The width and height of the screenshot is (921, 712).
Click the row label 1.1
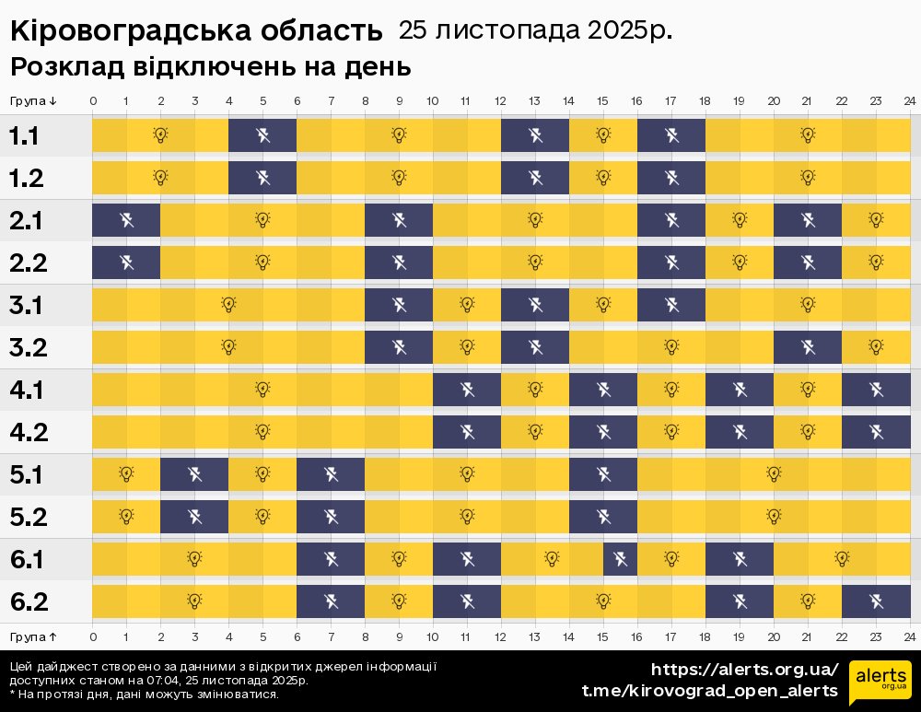24,136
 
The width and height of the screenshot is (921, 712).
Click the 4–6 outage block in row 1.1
262,136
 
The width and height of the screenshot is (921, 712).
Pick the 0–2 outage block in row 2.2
126,263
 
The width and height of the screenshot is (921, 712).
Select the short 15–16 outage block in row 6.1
620,558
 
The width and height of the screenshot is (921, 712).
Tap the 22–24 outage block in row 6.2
876,601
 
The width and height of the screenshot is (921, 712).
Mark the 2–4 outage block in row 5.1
194,474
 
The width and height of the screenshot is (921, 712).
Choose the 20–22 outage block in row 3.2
808,347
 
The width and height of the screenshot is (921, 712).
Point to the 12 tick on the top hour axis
500,100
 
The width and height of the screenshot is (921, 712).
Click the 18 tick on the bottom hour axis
705,636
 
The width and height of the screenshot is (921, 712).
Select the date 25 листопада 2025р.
534,30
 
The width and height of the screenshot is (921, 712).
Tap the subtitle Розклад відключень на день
210,67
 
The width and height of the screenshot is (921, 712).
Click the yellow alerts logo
880,683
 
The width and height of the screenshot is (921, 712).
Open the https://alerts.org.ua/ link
744,670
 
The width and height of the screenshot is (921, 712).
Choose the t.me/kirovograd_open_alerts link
709,691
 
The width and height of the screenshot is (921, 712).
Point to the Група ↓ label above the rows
34,100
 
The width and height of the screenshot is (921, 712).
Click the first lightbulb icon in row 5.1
126,474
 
